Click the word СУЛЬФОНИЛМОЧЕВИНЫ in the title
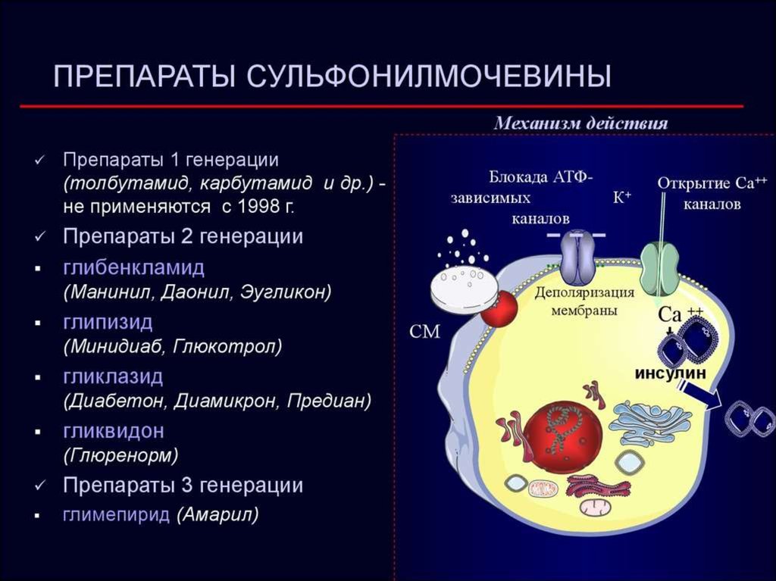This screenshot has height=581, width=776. click(x=429, y=77)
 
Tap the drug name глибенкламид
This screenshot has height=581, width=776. click(x=133, y=267)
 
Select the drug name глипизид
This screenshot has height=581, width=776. click(x=108, y=323)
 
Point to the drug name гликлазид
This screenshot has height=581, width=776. click(x=113, y=377)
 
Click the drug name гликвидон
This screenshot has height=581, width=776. click(x=114, y=431)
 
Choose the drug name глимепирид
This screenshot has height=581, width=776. click(x=116, y=514)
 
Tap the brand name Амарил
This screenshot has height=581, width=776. click(x=218, y=514)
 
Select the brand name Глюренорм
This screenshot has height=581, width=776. click(x=120, y=454)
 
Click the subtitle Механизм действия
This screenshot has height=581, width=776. click(x=581, y=123)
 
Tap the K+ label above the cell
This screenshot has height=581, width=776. click(x=622, y=198)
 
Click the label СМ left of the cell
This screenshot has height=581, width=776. click(x=424, y=332)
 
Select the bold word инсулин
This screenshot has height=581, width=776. click(x=671, y=373)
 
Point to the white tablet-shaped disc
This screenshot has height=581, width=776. click(x=464, y=291)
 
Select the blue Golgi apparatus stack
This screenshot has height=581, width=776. click(x=649, y=423)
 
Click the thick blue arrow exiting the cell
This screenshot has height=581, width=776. click(x=700, y=393)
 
